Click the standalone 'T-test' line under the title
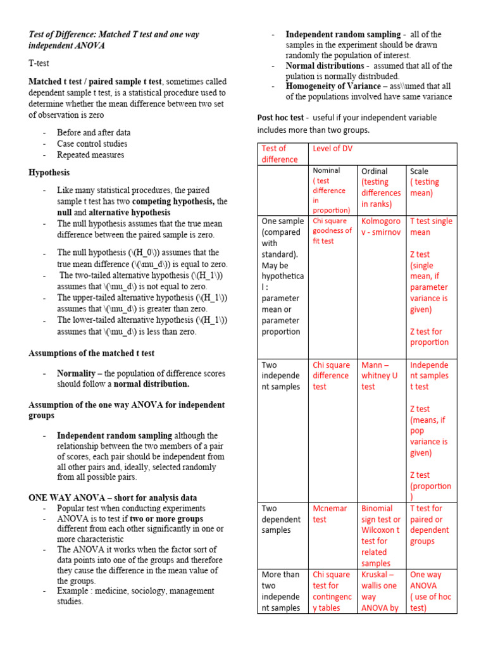click(x=39, y=64)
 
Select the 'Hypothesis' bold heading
click(x=49, y=172)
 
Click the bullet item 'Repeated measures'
click(x=90, y=155)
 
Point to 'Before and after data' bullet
click(x=94, y=133)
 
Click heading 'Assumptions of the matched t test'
click(x=91, y=353)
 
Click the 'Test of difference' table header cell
click(x=279, y=154)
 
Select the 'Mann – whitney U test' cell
click(x=380, y=376)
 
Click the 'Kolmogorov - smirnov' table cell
click(x=380, y=227)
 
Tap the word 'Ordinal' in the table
click(x=374, y=171)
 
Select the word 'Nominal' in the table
click(x=327, y=170)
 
